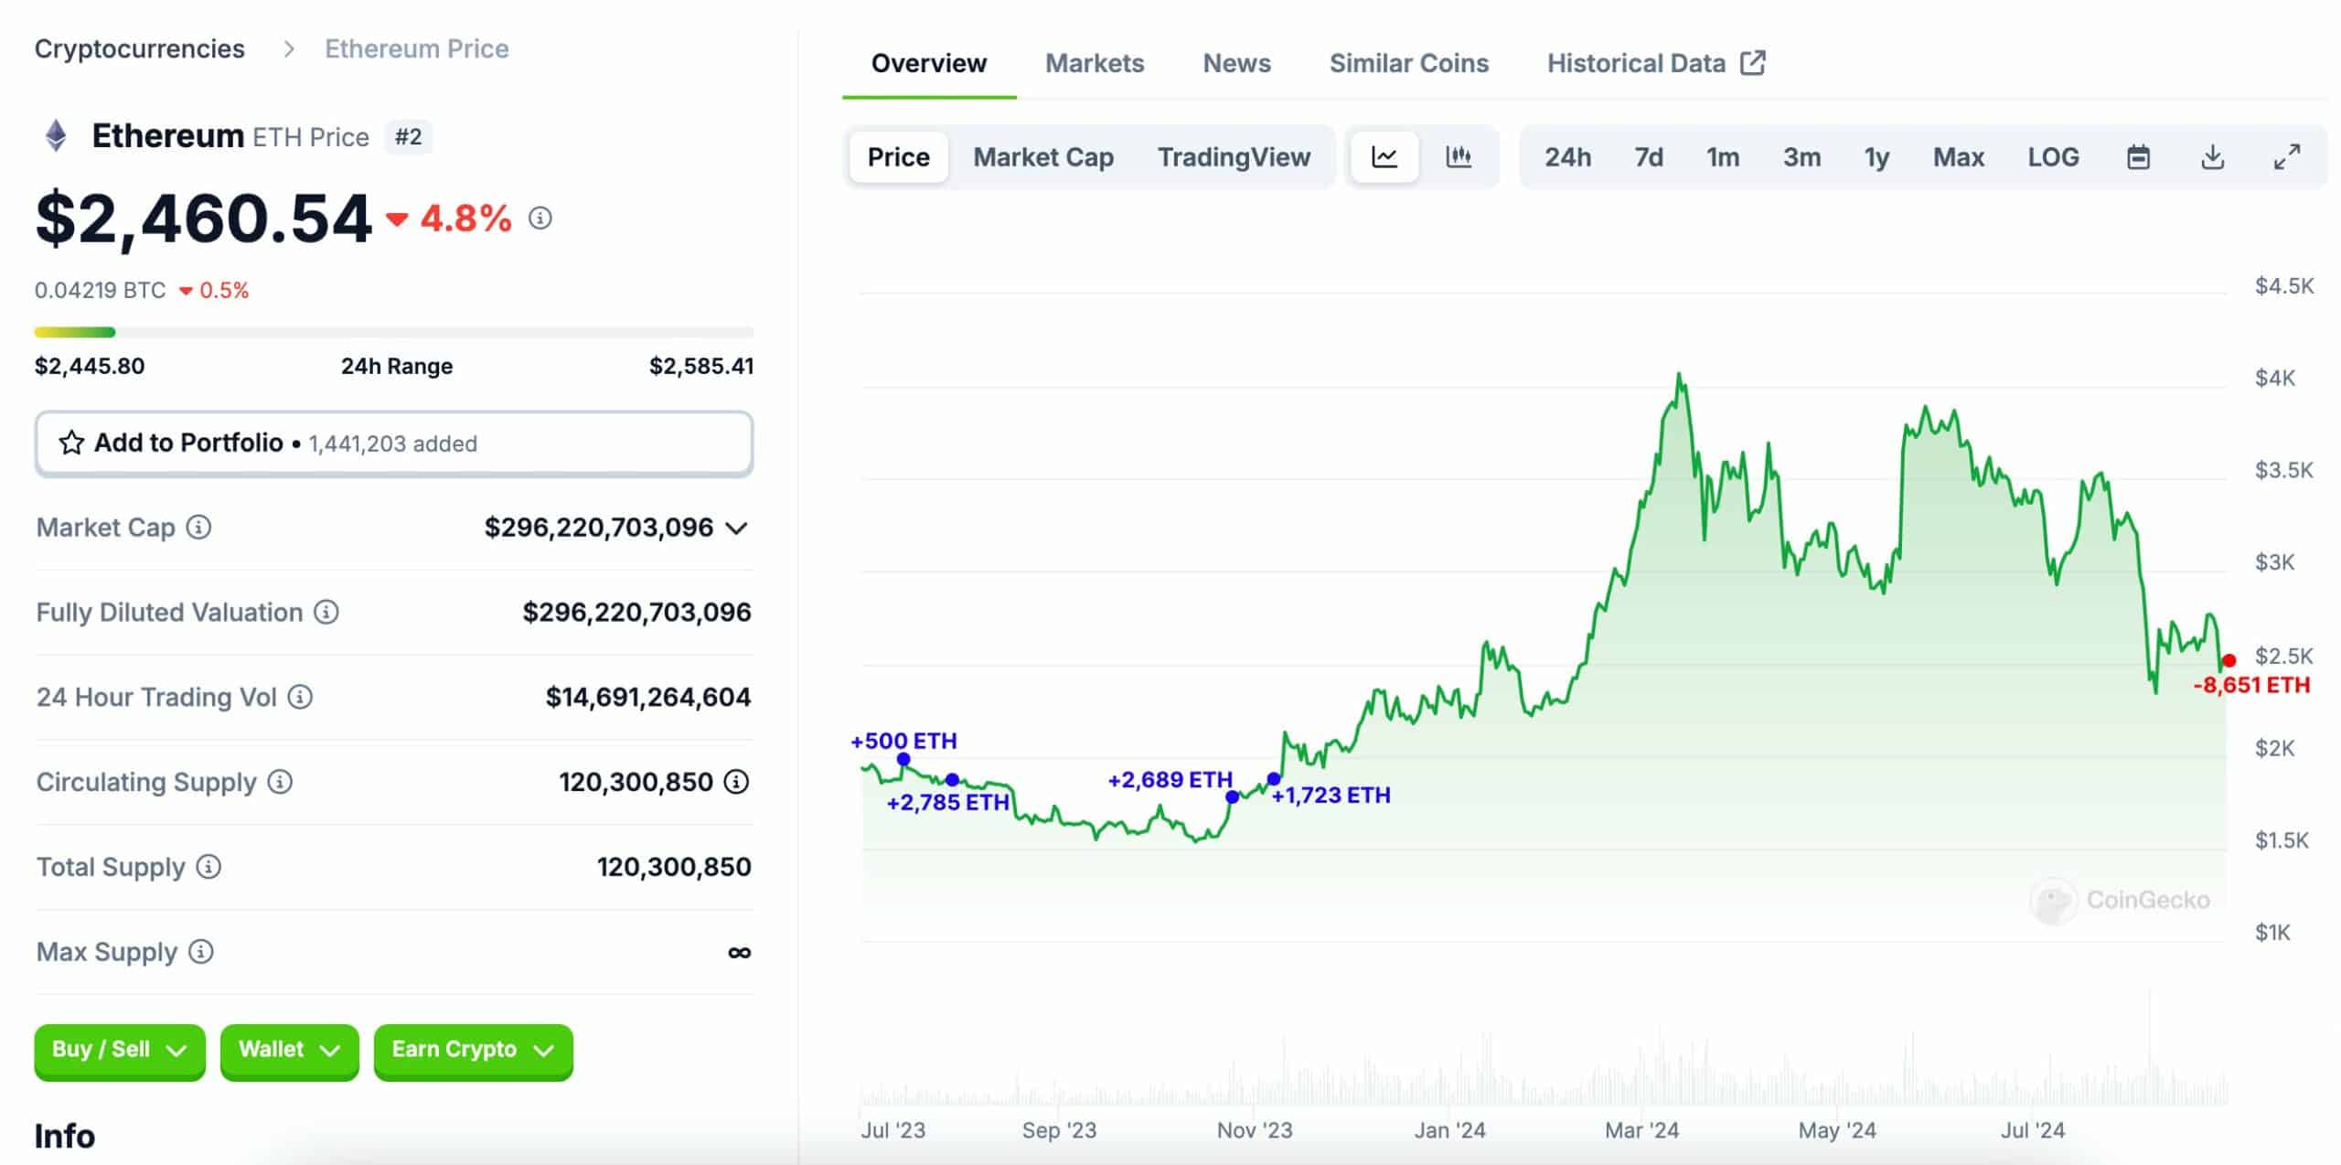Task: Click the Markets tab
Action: tap(1095, 63)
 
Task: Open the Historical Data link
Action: tap(1656, 63)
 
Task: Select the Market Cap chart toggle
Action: tap(1043, 157)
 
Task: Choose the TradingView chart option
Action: tap(1234, 157)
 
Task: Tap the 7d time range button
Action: tap(1649, 157)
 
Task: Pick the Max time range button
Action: tap(1958, 157)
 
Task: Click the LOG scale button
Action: tap(2053, 157)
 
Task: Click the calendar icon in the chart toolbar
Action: tap(2138, 157)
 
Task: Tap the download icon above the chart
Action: tap(2212, 157)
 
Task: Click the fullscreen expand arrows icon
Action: tap(2287, 157)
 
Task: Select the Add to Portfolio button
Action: tap(394, 444)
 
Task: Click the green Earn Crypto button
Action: tap(474, 1051)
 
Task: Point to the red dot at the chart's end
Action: tap(2229, 660)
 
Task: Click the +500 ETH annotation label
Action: tap(903, 741)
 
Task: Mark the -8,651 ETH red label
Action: tap(2251, 685)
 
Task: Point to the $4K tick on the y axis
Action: tap(2275, 378)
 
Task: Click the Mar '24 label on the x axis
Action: tap(1641, 1130)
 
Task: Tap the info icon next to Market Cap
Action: tap(198, 528)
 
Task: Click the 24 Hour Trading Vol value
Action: tap(648, 698)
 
